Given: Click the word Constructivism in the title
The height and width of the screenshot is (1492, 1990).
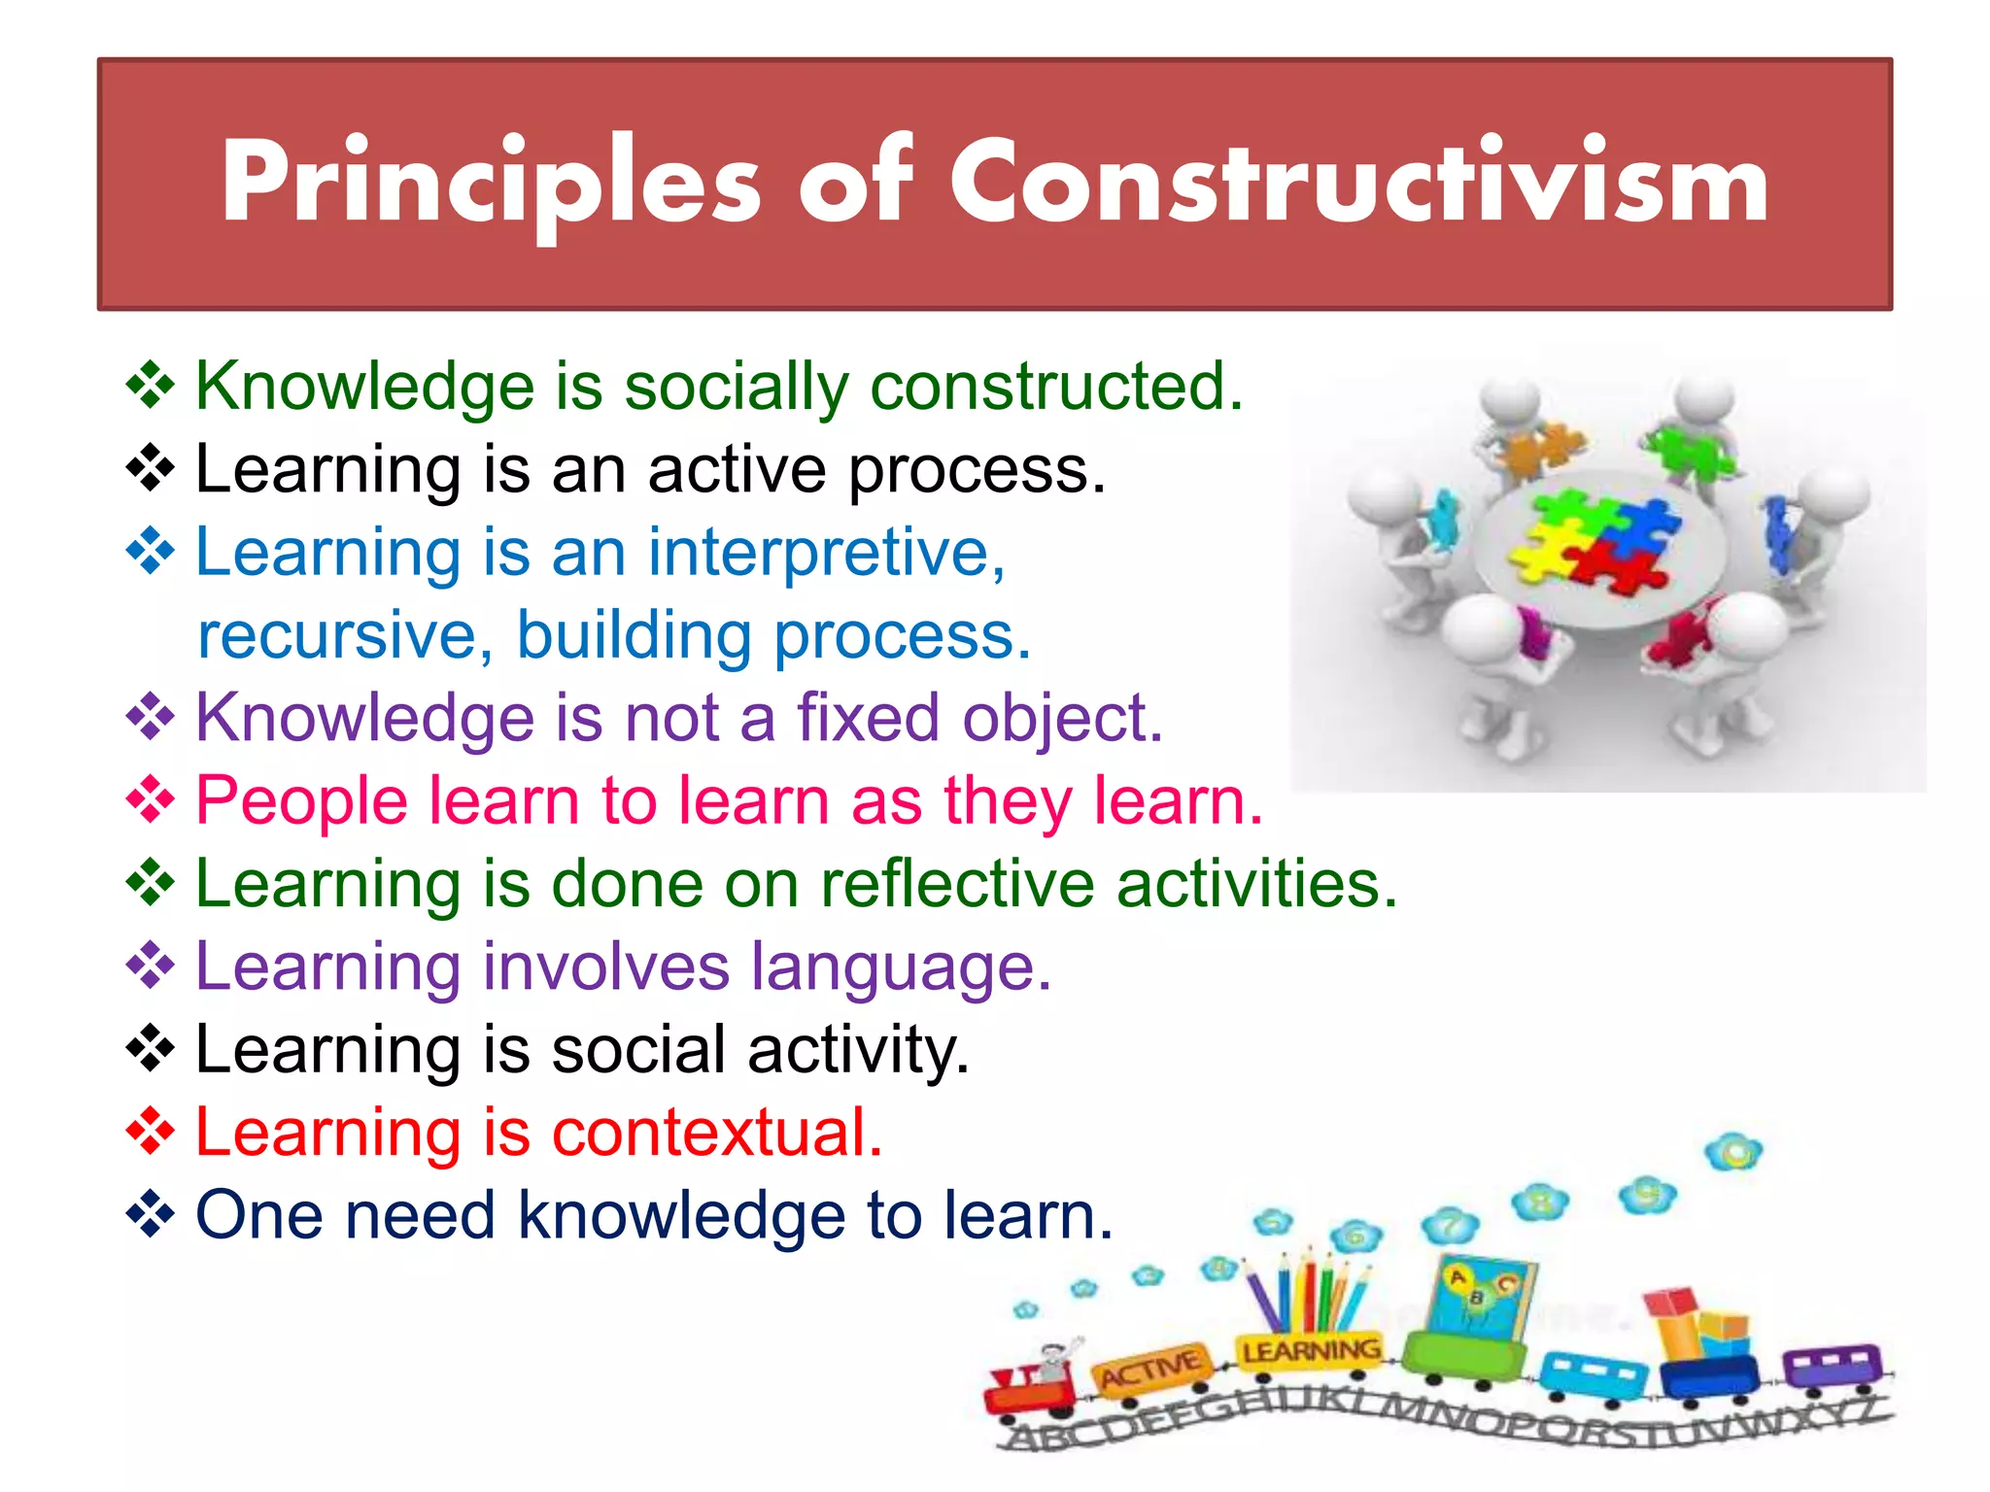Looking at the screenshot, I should click(x=1358, y=182).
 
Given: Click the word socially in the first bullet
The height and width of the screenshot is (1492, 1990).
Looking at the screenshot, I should click(x=737, y=387).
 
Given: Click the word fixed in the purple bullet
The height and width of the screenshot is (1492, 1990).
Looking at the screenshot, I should click(x=869, y=719).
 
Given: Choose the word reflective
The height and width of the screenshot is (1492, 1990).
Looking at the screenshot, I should click(x=956, y=885).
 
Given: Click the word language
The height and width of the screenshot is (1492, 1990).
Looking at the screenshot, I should click(x=900, y=967).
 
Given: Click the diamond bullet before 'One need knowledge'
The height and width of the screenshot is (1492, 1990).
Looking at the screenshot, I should click(x=151, y=1214).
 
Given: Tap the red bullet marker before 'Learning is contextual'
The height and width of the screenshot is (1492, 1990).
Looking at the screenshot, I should click(x=151, y=1132).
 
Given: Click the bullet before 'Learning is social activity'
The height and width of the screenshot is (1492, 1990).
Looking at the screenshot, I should click(x=151, y=1049).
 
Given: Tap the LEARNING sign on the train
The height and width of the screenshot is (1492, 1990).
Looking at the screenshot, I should click(x=1311, y=1351).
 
